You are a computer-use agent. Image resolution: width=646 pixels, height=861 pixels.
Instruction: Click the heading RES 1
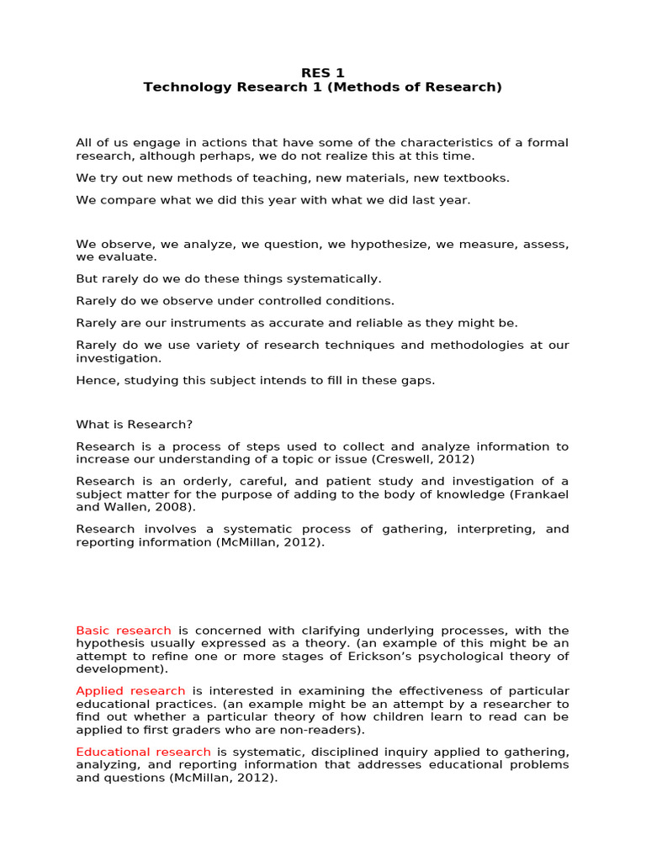pyautogui.click(x=323, y=73)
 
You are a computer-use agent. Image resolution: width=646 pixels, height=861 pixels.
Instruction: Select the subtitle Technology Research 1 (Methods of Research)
pyautogui.click(x=323, y=87)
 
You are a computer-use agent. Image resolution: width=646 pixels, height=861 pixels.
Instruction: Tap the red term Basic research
pyautogui.click(x=124, y=631)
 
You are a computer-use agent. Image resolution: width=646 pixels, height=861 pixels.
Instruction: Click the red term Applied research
pyautogui.click(x=130, y=691)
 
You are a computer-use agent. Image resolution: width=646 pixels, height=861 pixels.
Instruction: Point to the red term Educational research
pyautogui.click(x=143, y=752)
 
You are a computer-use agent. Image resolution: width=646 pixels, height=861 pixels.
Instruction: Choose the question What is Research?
pyautogui.click(x=135, y=425)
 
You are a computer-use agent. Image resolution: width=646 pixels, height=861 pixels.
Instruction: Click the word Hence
pyautogui.click(x=93, y=380)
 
